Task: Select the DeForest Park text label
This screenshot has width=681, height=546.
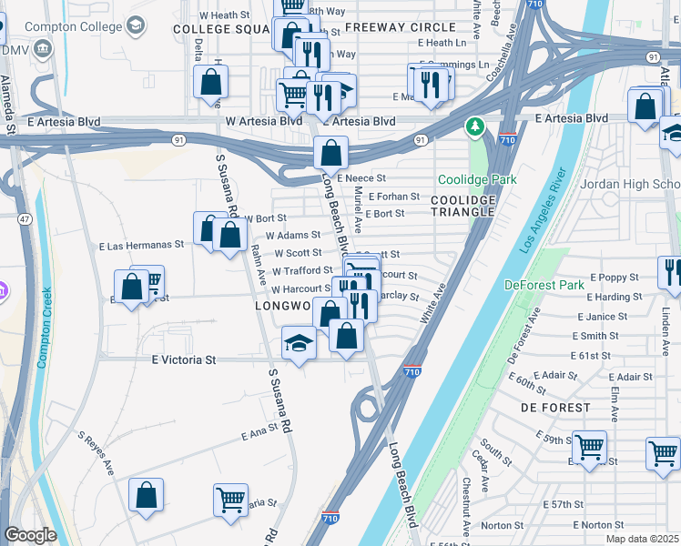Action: pos(545,285)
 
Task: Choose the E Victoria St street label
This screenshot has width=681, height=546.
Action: pos(183,359)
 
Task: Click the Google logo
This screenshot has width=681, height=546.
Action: pos(30,535)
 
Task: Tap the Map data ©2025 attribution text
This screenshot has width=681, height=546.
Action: pos(641,539)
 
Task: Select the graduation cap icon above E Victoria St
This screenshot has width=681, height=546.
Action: pos(299,344)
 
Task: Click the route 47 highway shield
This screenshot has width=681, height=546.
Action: pos(25,219)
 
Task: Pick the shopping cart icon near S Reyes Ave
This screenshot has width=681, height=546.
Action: pos(230,499)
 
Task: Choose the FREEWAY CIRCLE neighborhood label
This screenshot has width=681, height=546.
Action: pos(400,27)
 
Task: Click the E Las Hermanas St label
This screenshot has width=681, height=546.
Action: pos(141,245)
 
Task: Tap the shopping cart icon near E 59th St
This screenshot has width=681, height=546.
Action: pos(589,446)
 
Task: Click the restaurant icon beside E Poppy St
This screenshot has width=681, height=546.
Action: pos(671,271)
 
